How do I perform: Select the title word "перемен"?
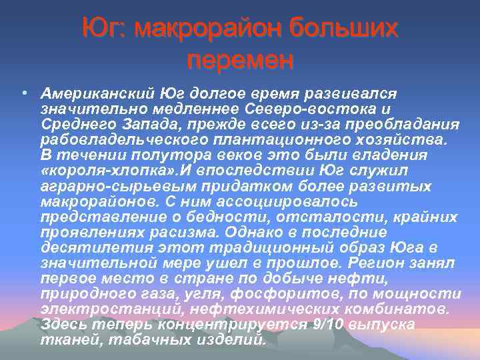click(240, 61)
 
